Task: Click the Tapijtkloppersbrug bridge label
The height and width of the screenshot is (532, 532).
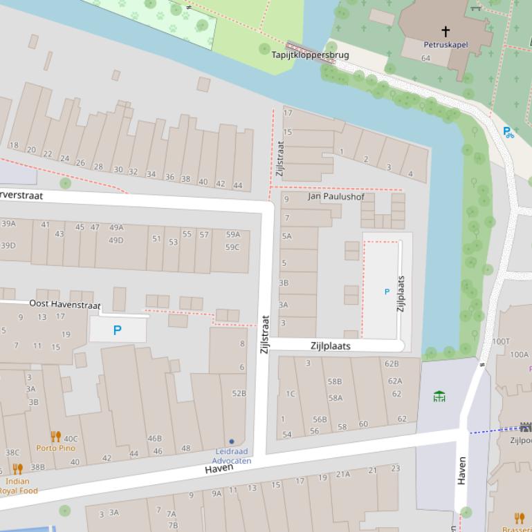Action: (310, 55)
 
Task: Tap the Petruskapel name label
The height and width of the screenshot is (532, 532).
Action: (446, 44)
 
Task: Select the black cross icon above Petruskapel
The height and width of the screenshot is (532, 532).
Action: (446, 31)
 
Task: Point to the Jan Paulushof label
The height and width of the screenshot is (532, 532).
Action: (336, 196)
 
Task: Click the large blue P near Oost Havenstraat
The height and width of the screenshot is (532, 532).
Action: (117, 330)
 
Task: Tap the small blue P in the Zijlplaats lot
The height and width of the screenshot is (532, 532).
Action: (387, 292)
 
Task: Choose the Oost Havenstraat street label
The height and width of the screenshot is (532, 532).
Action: (65, 304)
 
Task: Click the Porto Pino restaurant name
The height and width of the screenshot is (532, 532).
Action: (56, 448)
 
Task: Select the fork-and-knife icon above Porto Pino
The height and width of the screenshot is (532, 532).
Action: (56, 436)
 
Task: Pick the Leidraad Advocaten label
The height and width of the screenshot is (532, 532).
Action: (231, 456)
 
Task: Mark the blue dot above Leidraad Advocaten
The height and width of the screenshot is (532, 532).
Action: (231, 441)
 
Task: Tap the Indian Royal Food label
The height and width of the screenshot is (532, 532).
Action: (19, 486)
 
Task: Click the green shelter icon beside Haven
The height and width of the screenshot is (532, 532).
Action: (439, 396)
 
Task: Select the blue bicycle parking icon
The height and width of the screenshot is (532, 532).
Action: (508, 131)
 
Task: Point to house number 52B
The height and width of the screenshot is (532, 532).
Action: (239, 393)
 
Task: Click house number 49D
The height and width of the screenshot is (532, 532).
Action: (116, 240)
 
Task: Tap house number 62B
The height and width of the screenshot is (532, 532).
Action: (392, 363)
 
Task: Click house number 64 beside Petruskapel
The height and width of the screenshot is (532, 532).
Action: (425, 58)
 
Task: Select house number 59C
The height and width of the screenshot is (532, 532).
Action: (232, 247)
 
